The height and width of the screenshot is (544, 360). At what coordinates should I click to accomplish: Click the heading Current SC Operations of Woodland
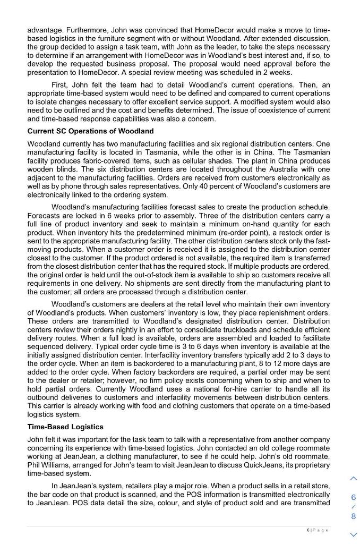pos(90,131)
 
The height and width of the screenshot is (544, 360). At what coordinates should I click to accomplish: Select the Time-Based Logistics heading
pos(65,427)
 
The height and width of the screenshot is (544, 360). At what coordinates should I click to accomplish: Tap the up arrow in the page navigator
pos(354,479)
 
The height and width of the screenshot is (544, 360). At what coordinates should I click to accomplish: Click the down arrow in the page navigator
pos(354,534)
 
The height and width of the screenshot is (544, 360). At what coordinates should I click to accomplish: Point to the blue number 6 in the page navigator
pos(354,497)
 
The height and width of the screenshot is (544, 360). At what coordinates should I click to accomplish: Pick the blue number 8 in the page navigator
pos(354,516)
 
